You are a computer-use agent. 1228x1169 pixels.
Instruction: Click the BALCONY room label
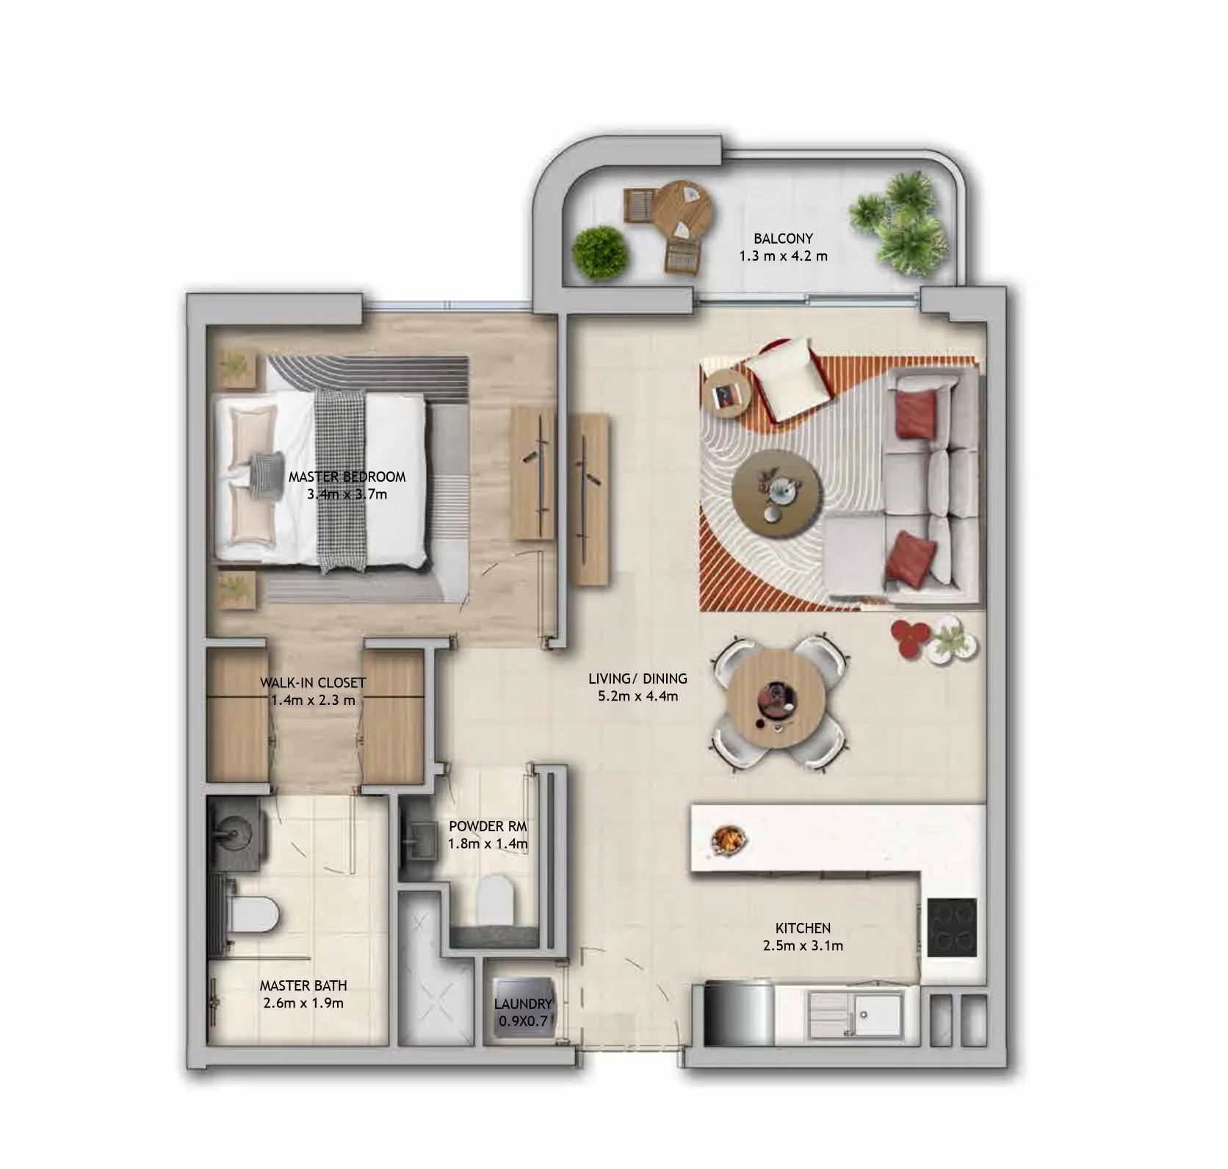coord(783,239)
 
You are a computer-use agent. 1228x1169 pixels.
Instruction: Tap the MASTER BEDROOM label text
coord(347,477)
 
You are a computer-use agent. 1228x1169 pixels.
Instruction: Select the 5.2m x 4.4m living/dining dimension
coord(638,696)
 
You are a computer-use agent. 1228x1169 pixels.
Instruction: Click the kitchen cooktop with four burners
coord(951,927)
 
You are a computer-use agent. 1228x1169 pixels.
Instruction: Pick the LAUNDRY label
coord(522,1004)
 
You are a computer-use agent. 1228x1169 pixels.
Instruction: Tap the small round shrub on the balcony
coord(599,252)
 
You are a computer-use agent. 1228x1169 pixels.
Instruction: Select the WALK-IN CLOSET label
coord(313,683)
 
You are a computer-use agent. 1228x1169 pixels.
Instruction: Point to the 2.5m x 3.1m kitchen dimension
coord(803,946)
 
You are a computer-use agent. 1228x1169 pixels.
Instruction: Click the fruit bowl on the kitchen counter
coord(729,839)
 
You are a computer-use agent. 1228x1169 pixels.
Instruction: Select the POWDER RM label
coord(488,826)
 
